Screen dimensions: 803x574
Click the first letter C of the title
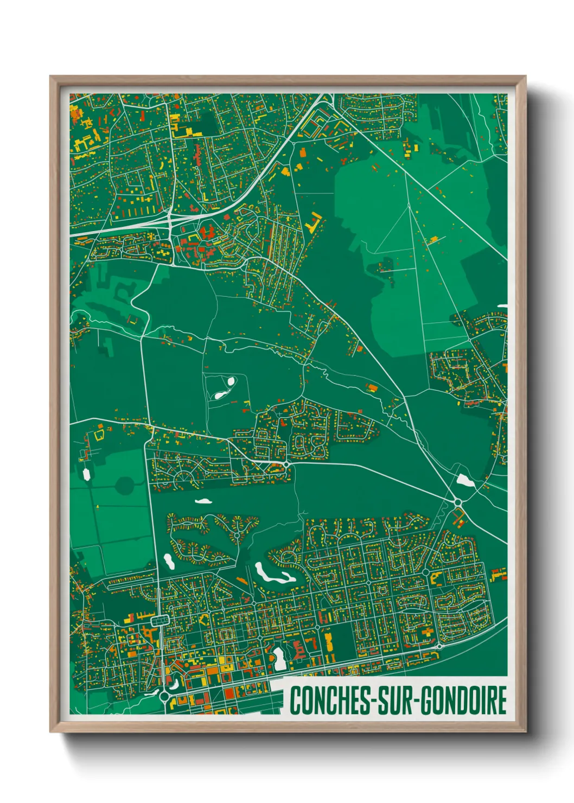[296, 700]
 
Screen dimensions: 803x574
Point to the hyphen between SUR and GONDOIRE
[417, 702]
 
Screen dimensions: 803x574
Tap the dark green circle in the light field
[124, 486]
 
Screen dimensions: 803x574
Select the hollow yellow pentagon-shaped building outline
[99, 434]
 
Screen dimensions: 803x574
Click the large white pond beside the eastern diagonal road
[463, 480]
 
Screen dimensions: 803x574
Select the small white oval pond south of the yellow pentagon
[86, 474]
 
